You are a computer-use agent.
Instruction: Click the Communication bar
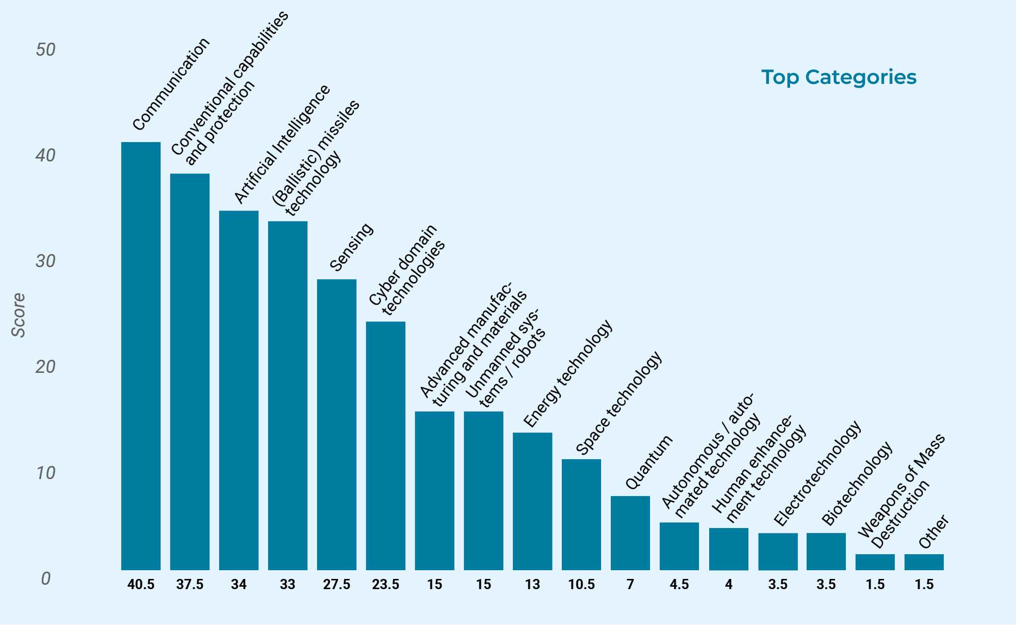[x=141, y=356]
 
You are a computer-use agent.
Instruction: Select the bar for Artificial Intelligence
[x=238, y=390]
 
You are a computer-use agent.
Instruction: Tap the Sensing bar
[x=336, y=424]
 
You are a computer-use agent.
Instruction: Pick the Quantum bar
[x=630, y=533]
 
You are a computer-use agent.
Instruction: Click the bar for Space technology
[x=581, y=514]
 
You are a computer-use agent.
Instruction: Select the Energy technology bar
[x=532, y=501]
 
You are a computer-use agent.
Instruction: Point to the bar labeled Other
[x=924, y=562]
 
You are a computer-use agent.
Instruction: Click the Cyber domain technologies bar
[x=385, y=446]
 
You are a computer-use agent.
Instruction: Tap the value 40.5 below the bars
[x=141, y=585]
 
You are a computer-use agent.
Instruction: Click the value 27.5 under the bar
[x=336, y=585]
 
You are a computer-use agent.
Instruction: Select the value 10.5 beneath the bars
[x=581, y=585]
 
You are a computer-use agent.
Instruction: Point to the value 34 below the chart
[x=238, y=585]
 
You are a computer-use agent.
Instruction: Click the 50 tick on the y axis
[x=46, y=49]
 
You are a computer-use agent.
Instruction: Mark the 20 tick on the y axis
[x=46, y=367]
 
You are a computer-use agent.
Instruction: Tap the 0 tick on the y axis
[x=46, y=578]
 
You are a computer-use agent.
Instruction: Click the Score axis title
[x=18, y=315]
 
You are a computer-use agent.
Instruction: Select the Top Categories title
[x=839, y=77]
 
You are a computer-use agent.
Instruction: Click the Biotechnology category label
[x=857, y=483]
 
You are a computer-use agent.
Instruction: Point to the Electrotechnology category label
[x=817, y=474]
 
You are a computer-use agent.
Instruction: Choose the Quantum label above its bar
[x=649, y=462]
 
